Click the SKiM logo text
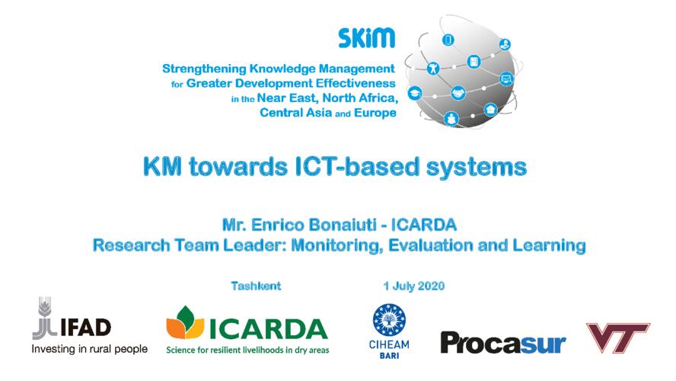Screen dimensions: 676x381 tap(366, 38)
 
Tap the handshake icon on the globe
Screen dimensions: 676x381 tap(458, 93)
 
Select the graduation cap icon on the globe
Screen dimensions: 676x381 tap(415, 93)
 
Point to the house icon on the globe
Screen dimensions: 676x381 tap(490, 109)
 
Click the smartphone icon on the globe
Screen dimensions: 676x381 tap(448, 40)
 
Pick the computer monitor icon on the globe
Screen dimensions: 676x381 tap(506, 79)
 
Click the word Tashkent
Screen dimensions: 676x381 tap(256, 286)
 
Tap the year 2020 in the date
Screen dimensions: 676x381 tap(431, 286)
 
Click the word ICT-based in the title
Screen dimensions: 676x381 tap(357, 167)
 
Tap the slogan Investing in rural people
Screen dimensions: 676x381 tap(90, 349)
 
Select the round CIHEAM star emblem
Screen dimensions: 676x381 tap(389, 320)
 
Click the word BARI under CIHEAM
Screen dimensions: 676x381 tap(389, 356)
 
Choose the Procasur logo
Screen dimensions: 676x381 tap(502, 343)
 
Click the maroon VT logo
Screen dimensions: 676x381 tap(618, 338)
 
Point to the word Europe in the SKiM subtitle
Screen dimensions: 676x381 tap(375, 113)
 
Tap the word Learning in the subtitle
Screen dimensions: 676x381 tap(550, 245)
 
